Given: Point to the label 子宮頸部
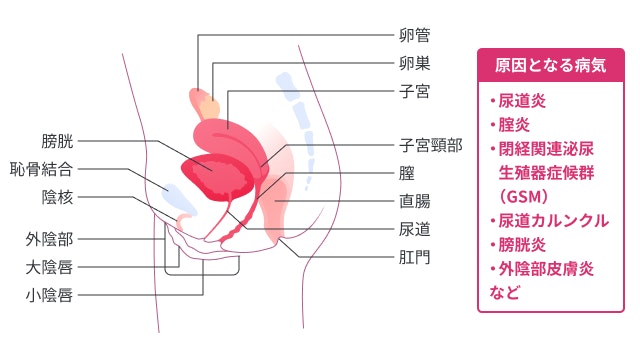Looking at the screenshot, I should tap(431, 145).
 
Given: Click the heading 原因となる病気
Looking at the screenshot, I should tap(551, 67).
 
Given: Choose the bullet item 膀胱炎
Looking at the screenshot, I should tap(517, 243).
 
